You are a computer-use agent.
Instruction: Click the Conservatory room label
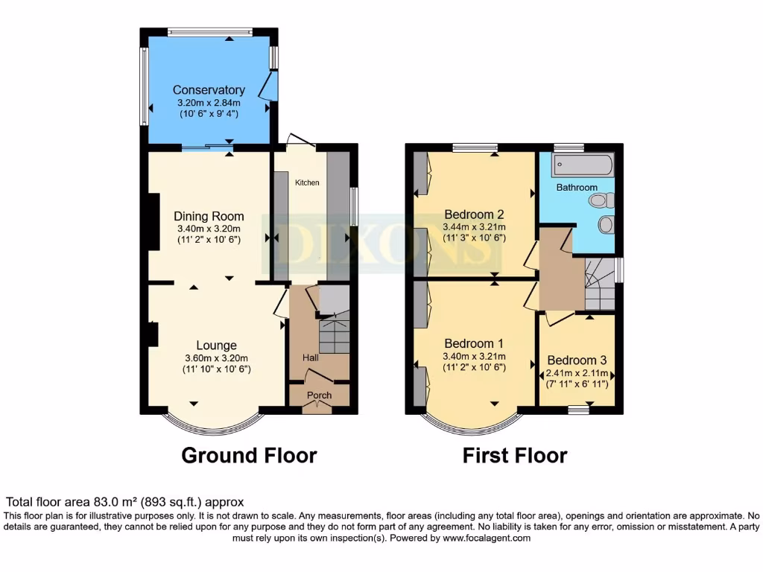click(209, 90)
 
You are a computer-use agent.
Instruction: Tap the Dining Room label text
click(209, 217)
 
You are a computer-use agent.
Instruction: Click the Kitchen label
click(307, 182)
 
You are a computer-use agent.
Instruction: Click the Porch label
click(320, 395)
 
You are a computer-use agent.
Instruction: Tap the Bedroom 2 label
click(474, 214)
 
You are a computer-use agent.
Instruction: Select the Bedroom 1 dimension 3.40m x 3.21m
click(474, 356)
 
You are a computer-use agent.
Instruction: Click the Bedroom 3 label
click(577, 360)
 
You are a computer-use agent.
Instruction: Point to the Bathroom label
click(577, 187)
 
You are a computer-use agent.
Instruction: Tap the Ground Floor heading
click(249, 455)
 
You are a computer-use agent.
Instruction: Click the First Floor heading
click(515, 455)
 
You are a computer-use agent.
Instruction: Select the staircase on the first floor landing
click(600, 285)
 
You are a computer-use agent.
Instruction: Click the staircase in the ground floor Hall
click(334, 335)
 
